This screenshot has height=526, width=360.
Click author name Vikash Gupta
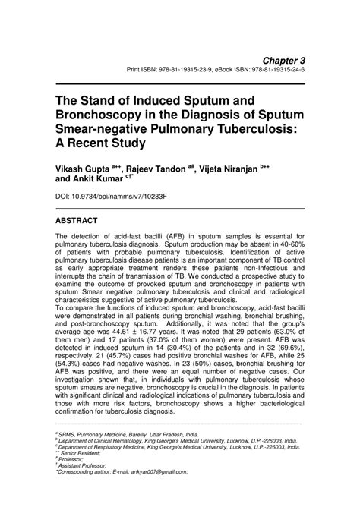(81, 167)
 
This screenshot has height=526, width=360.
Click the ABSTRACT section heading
(77, 221)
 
